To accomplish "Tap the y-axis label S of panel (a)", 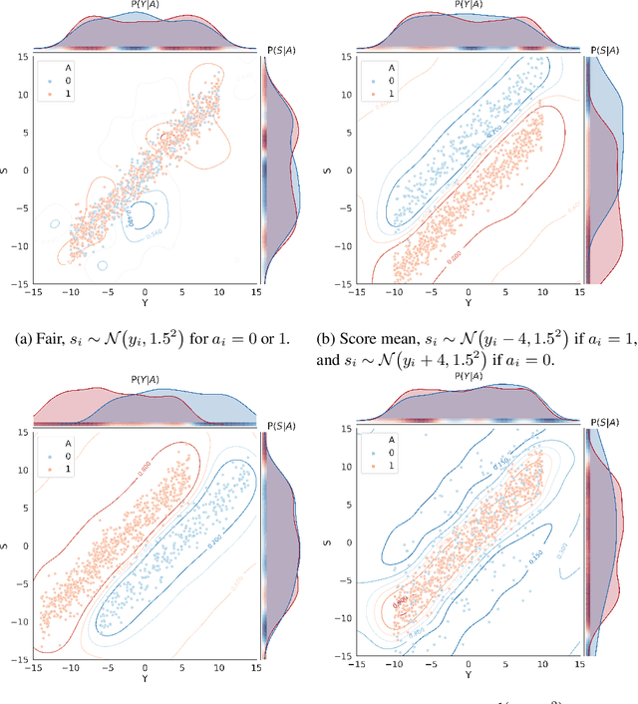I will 9,170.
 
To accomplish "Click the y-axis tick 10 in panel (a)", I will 21,95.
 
